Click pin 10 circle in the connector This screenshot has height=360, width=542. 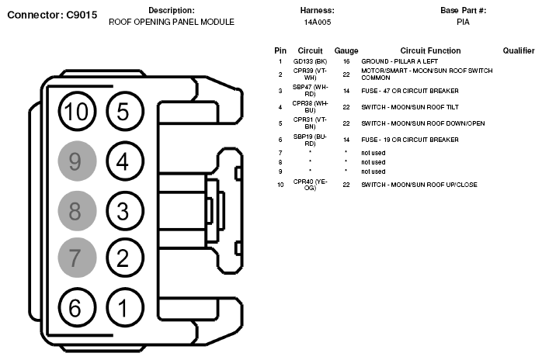(76, 112)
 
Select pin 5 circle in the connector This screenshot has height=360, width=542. (123, 112)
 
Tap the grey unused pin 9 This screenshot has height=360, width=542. (76, 161)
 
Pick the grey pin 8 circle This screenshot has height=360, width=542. (76, 210)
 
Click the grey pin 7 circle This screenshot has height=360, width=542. (76, 258)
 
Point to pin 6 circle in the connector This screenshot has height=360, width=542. (76, 307)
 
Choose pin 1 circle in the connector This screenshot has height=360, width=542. (123, 307)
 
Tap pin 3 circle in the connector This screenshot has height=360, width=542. (123, 210)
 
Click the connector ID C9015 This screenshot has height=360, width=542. (78, 15)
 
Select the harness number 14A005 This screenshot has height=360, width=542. (316, 22)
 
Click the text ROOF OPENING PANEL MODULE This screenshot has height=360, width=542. (171, 22)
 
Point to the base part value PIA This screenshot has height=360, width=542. (463, 22)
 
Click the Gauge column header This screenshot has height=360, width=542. (346, 50)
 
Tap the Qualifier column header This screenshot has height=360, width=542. (519, 50)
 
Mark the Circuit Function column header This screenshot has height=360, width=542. (430, 50)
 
